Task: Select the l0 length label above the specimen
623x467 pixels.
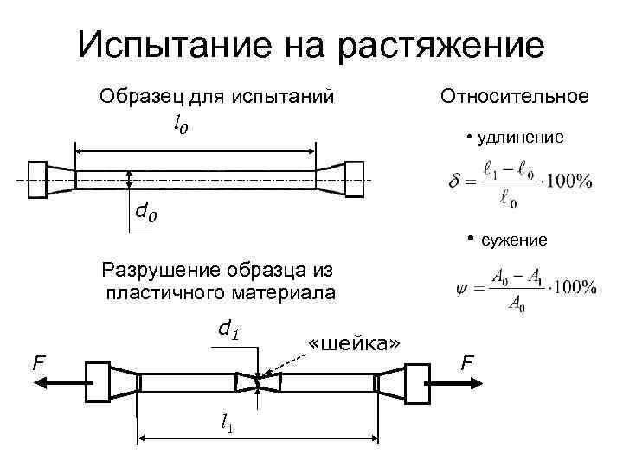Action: pyautogui.click(x=181, y=126)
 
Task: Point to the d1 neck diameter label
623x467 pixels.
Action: pyautogui.click(x=228, y=329)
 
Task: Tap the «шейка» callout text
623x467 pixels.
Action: pyautogui.click(x=355, y=343)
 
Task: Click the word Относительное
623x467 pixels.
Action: pyautogui.click(x=515, y=96)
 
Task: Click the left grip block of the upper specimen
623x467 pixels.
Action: pyautogui.click(x=37, y=178)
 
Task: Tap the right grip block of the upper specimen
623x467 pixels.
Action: pyautogui.click(x=356, y=178)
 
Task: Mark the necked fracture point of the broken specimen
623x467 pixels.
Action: pyautogui.click(x=258, y=381)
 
